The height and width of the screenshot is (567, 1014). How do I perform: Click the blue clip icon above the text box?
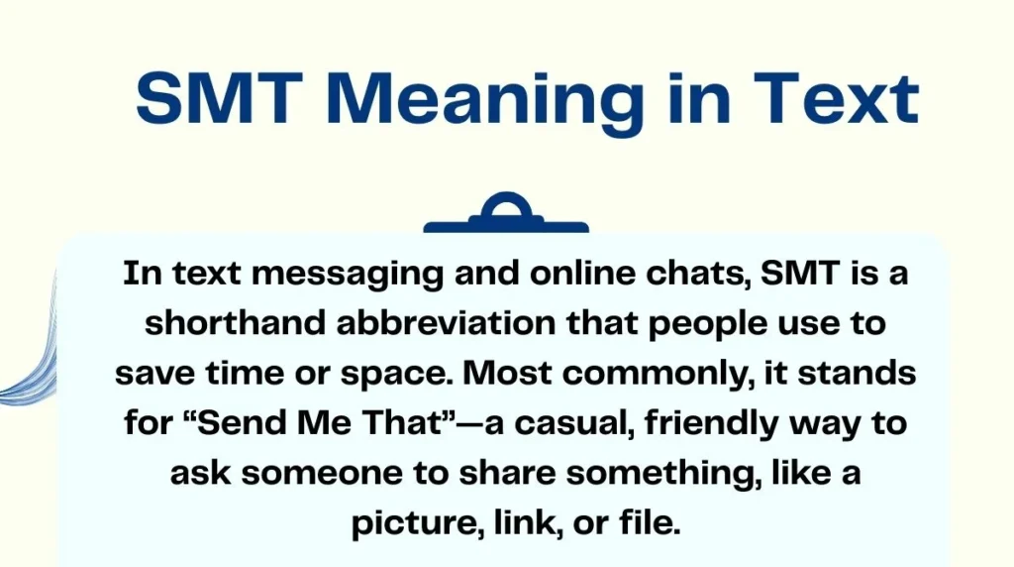click(506, 214)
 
